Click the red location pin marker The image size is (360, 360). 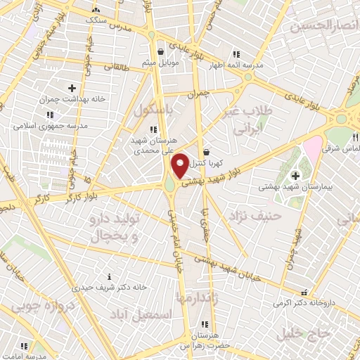tap(180, 166)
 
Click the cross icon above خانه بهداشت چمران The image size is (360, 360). tap(72, 88)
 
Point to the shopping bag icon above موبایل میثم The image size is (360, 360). tap(162, 51)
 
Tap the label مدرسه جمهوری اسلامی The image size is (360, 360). tap(49, 125)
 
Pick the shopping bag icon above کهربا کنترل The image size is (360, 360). tap(206, 152)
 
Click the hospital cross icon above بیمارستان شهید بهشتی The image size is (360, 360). tap(295, 174)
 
